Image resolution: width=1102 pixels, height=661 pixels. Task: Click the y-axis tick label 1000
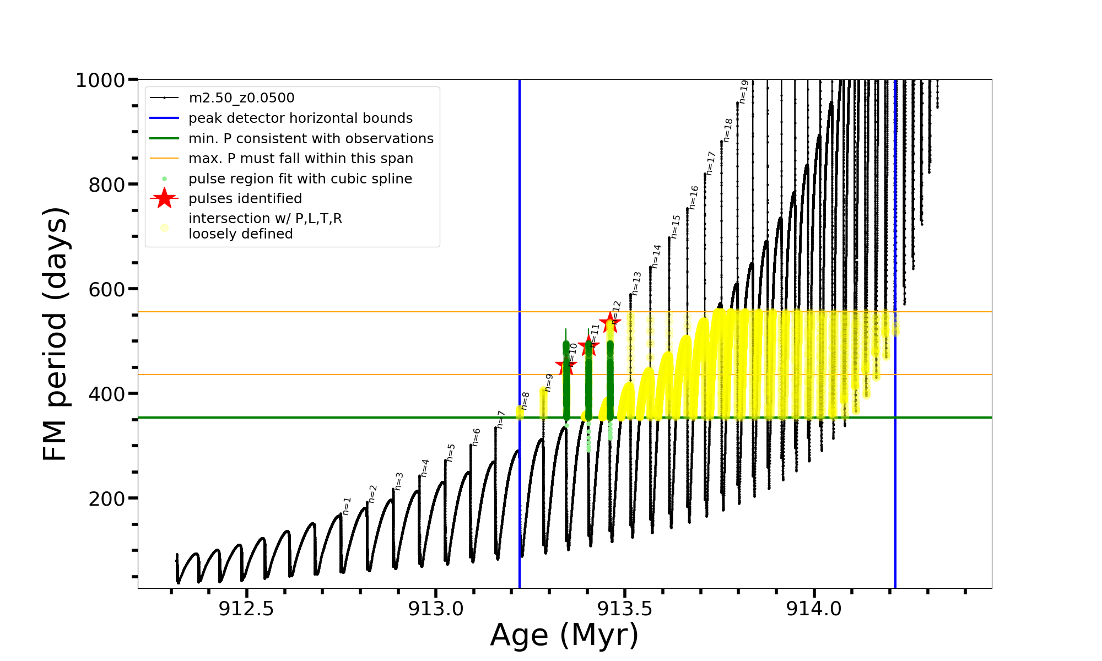pos(100,81)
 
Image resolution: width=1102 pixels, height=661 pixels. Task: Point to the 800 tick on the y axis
pos(107,185)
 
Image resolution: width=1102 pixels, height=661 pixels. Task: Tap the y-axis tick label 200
pos(107,499)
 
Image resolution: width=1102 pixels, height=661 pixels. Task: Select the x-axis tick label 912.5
pos(246,609)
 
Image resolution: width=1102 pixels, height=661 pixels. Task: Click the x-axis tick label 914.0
pos(814,609)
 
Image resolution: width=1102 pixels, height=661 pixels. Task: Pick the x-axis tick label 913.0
pos(435,609)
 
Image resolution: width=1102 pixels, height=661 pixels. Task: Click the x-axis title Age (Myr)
pos(564,635)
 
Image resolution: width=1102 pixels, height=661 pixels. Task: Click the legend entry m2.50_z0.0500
pos(241,98)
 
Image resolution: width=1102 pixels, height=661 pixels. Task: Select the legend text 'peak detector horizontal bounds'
pos(300,118)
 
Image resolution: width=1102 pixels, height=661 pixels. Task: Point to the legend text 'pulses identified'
pos(245,199)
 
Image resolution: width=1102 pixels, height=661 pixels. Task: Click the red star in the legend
pos(164,199)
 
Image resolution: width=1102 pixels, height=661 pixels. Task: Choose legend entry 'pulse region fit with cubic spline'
pos(300,179)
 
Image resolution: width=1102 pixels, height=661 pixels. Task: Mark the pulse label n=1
pos(347,506)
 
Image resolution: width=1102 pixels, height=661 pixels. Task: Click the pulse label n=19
pos(744,91)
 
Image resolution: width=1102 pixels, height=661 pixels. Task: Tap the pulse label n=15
pos(676,226)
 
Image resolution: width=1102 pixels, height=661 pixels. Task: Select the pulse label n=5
pos(451,452)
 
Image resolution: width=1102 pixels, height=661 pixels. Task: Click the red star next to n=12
pos(610,322)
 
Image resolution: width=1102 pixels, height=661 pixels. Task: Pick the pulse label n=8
pos(525,400)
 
